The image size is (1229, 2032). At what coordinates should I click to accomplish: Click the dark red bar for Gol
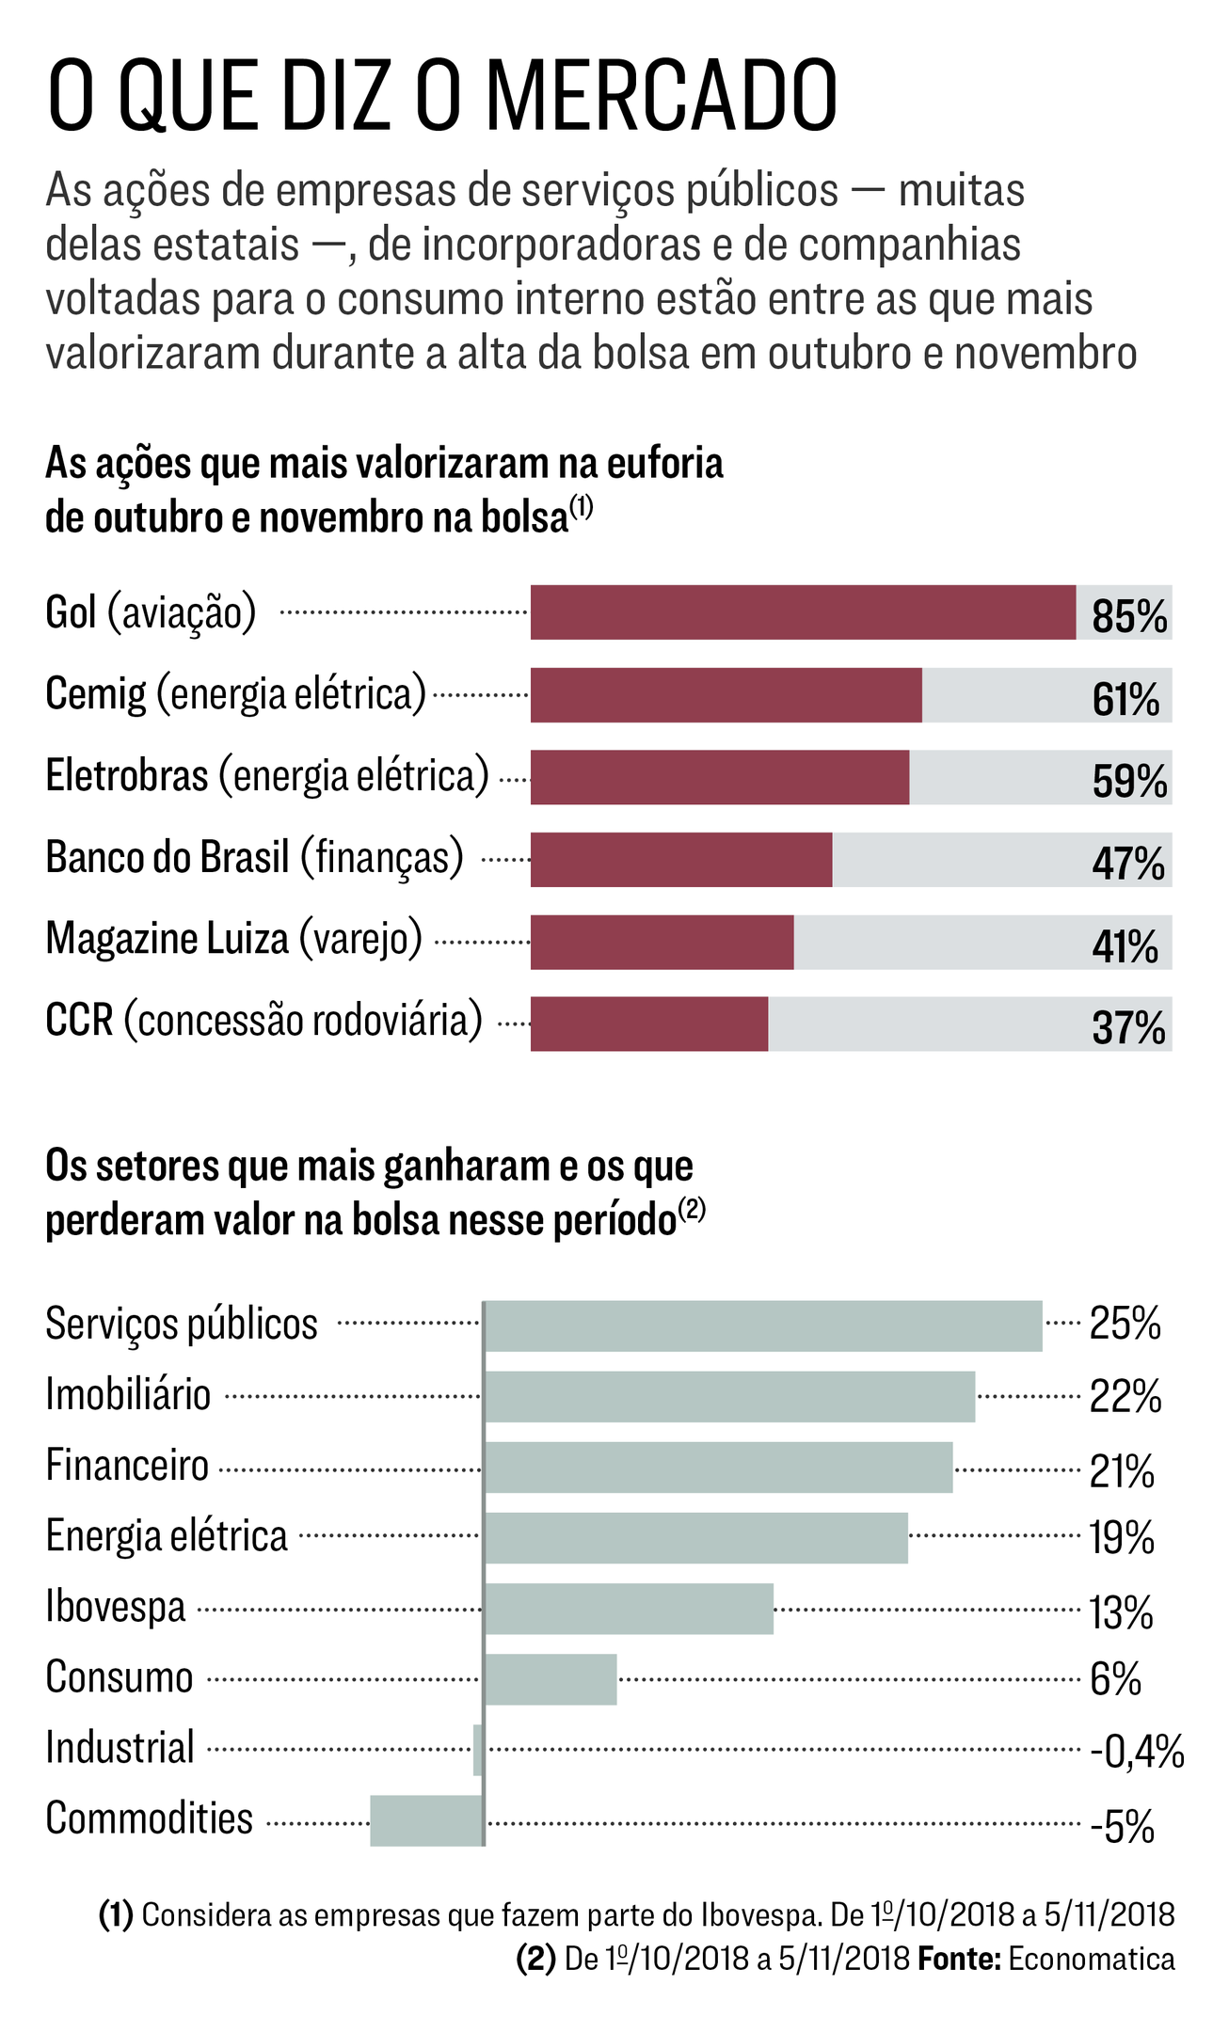point(803,612)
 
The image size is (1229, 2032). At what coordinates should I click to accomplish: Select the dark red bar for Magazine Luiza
point(662,942)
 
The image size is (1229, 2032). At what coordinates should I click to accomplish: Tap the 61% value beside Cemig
point(1125,699)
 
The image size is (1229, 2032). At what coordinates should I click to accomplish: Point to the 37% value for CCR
point(1128,1027)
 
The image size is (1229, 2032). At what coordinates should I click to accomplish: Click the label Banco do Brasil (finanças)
point(255,857)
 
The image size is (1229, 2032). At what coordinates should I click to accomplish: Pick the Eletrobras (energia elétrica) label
point(267,775)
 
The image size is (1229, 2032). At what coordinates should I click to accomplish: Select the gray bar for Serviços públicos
point(763,1326)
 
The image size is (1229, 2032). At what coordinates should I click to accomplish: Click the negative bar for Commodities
point(426,1820)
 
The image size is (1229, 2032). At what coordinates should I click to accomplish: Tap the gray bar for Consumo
point(551,1679)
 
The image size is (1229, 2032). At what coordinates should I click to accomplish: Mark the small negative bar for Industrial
point(478,1750)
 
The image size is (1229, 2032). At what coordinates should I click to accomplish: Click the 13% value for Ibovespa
point(1121,1612)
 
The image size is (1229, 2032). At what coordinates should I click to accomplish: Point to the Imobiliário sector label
point(128,1394)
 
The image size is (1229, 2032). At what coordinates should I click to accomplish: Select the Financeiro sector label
point(127,1465)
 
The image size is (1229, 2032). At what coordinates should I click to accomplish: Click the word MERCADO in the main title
point(662,96)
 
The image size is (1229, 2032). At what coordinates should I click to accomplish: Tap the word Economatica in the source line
point(1092,1960)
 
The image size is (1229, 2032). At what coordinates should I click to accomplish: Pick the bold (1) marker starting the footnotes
point(117,1914)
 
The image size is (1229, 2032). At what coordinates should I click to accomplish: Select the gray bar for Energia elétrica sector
point(696,1538)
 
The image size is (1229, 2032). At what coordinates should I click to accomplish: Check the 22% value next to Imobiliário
point(1125,1396)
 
